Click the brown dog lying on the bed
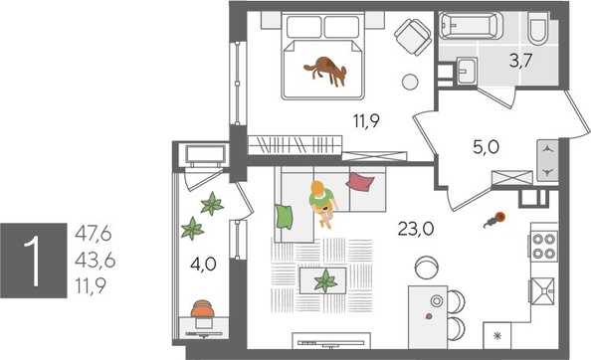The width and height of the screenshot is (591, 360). (325, 68)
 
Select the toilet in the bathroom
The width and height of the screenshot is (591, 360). (537, 32)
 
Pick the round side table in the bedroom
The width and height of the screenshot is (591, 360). (410, 84)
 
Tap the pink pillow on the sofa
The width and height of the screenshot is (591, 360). (360, 182)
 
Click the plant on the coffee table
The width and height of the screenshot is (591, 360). (325, 281)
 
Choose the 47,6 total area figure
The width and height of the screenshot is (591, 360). (94, 235)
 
